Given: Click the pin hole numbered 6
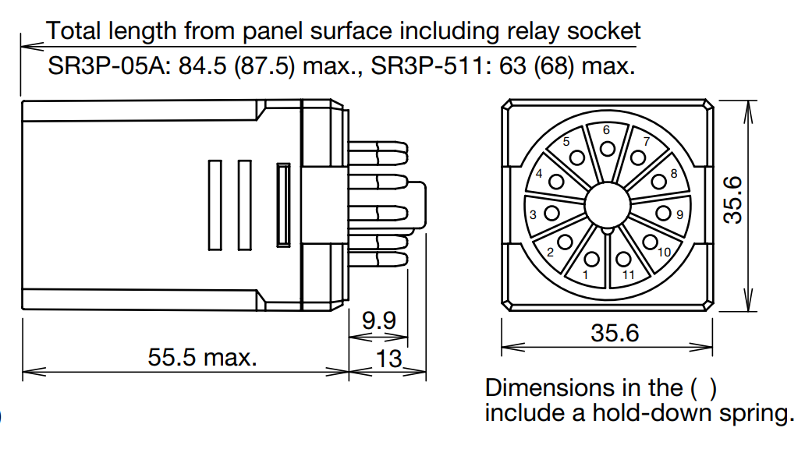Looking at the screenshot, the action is [608, 149].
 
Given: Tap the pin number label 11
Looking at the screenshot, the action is [629, 275].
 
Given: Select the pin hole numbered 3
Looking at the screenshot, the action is [552, 213].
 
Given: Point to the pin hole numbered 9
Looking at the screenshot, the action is [664, 213].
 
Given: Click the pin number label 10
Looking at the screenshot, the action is [665, 252].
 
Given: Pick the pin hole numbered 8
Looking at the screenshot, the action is [658, 182].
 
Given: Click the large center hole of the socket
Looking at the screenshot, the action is [608, 204].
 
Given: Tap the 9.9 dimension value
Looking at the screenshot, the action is [379, 320].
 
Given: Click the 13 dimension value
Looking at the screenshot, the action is [388, 359].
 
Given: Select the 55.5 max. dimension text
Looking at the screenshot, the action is [202, 357].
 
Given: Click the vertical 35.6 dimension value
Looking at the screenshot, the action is [733, 200].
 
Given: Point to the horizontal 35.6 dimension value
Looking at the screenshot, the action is [615, 333].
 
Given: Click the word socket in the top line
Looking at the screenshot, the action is [604, 30].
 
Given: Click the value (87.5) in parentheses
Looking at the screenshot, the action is [265, 66].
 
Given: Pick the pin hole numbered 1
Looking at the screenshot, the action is [591, 259].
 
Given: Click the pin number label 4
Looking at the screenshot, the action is [539, 174].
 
